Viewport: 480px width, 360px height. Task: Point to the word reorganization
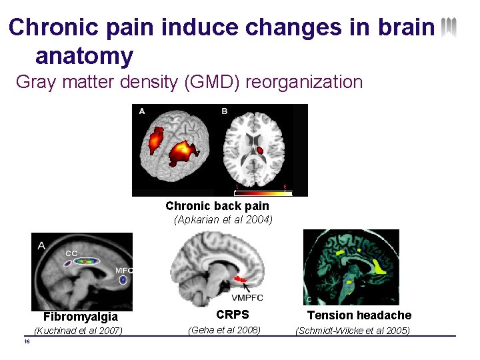pyautogui.click(x=304, y=82)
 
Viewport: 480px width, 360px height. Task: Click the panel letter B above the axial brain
pyautogui.click(x=225, y=111)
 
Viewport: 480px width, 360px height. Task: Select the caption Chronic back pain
pyautogui.click(x=217, y=206)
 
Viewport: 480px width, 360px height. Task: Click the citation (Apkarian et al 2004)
pyautogui.click(x=223, y=219)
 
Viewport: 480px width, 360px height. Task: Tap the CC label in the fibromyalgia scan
pyautogui.click(x=71, y=253)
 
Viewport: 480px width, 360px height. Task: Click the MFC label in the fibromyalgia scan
pyautogui.click(x=124, y=270)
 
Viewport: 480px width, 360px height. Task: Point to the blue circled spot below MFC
pyautogui.click(x=123, y=281)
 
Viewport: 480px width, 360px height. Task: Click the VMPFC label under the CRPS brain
pyautogui.click(x=247, y=297)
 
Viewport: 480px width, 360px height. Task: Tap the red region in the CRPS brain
pyautogui.click(x=239, y=277)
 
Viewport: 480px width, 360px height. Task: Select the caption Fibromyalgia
pyautogui.click(x=81, y=317)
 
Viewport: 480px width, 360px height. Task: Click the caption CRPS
pyautogui.click(x=233, y=315)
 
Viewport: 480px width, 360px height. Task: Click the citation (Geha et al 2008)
pyautogui.click(x=224, y=330)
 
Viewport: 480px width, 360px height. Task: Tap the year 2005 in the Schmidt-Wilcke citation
pyautogui.click(x=398, y=331)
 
